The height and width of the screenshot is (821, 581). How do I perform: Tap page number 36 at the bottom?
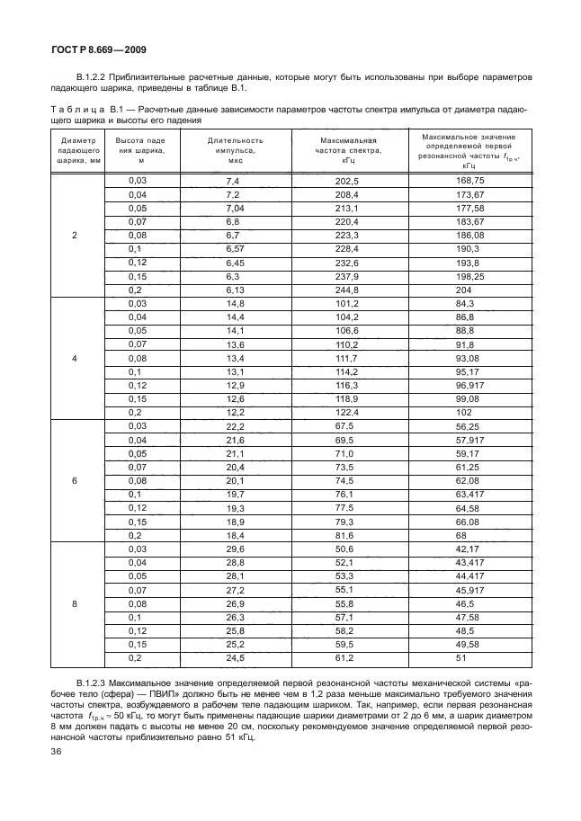point(56,752)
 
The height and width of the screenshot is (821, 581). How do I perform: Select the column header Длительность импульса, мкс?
point(236,150)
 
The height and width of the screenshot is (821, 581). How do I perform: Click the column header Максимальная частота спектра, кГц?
point(347,150)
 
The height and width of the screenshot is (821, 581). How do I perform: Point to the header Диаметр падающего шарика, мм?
point(75,150)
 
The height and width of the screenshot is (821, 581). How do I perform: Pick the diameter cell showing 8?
point(75,603)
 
